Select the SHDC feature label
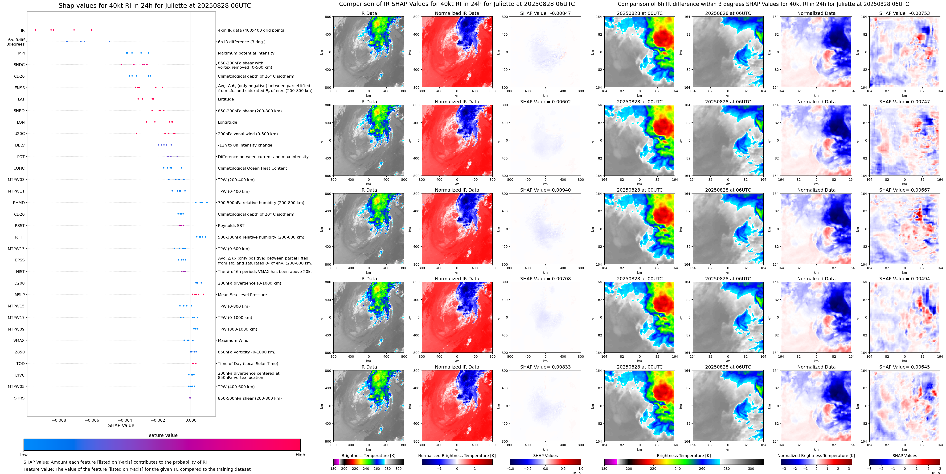pyautogui.click(x=19, y=65)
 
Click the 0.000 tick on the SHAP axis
pyautogui.click(x=191, y=420)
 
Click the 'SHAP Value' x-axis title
pyautogui.click(x=121, y=425)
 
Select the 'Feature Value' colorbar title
pyautogui.click(x=162, y=435)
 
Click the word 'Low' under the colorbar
pyautogui.click(x=24, y=455)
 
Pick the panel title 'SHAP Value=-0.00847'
pyautogui.click(x=545, y=13)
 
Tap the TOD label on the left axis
pyautogui.click(x=20, y=364)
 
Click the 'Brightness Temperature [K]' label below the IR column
pyautogui.click(x=368, y=456)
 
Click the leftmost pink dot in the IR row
pyautogui.click(x=35, y=30)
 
